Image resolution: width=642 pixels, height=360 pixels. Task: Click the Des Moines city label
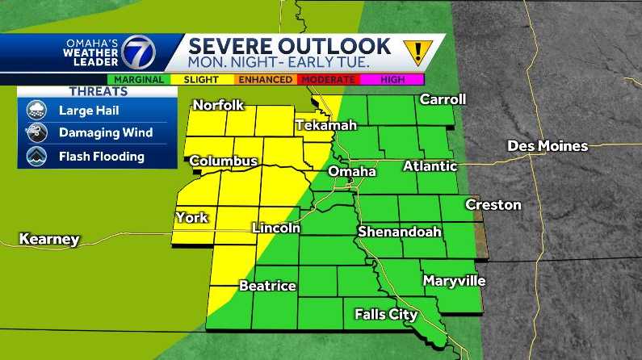(x=547, y=146)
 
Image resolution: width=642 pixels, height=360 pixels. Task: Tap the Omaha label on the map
(x=351, y=172)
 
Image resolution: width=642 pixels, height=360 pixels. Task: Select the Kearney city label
(x=49, y=239)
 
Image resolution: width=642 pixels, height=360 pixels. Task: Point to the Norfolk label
(x=218, y=105)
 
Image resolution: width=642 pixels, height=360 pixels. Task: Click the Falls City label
(x=386, y=314)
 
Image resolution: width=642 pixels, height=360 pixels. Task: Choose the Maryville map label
(x=454, y=281)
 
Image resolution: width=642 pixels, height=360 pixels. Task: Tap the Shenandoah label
(x=400, y=232)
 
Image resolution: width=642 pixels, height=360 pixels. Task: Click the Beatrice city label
(x=267, y=286)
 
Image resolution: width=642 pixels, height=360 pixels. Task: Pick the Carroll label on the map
(x=443, y=99)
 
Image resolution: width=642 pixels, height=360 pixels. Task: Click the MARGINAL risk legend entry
(x=139, y=79)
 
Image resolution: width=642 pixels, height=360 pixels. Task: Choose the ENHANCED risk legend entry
(x=265, y=79)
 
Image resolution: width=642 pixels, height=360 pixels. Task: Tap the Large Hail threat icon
(x=36, y=111)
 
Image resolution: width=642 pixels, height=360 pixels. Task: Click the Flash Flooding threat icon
(x=36, y=157)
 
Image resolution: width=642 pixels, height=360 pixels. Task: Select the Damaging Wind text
(x=105, y=133)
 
